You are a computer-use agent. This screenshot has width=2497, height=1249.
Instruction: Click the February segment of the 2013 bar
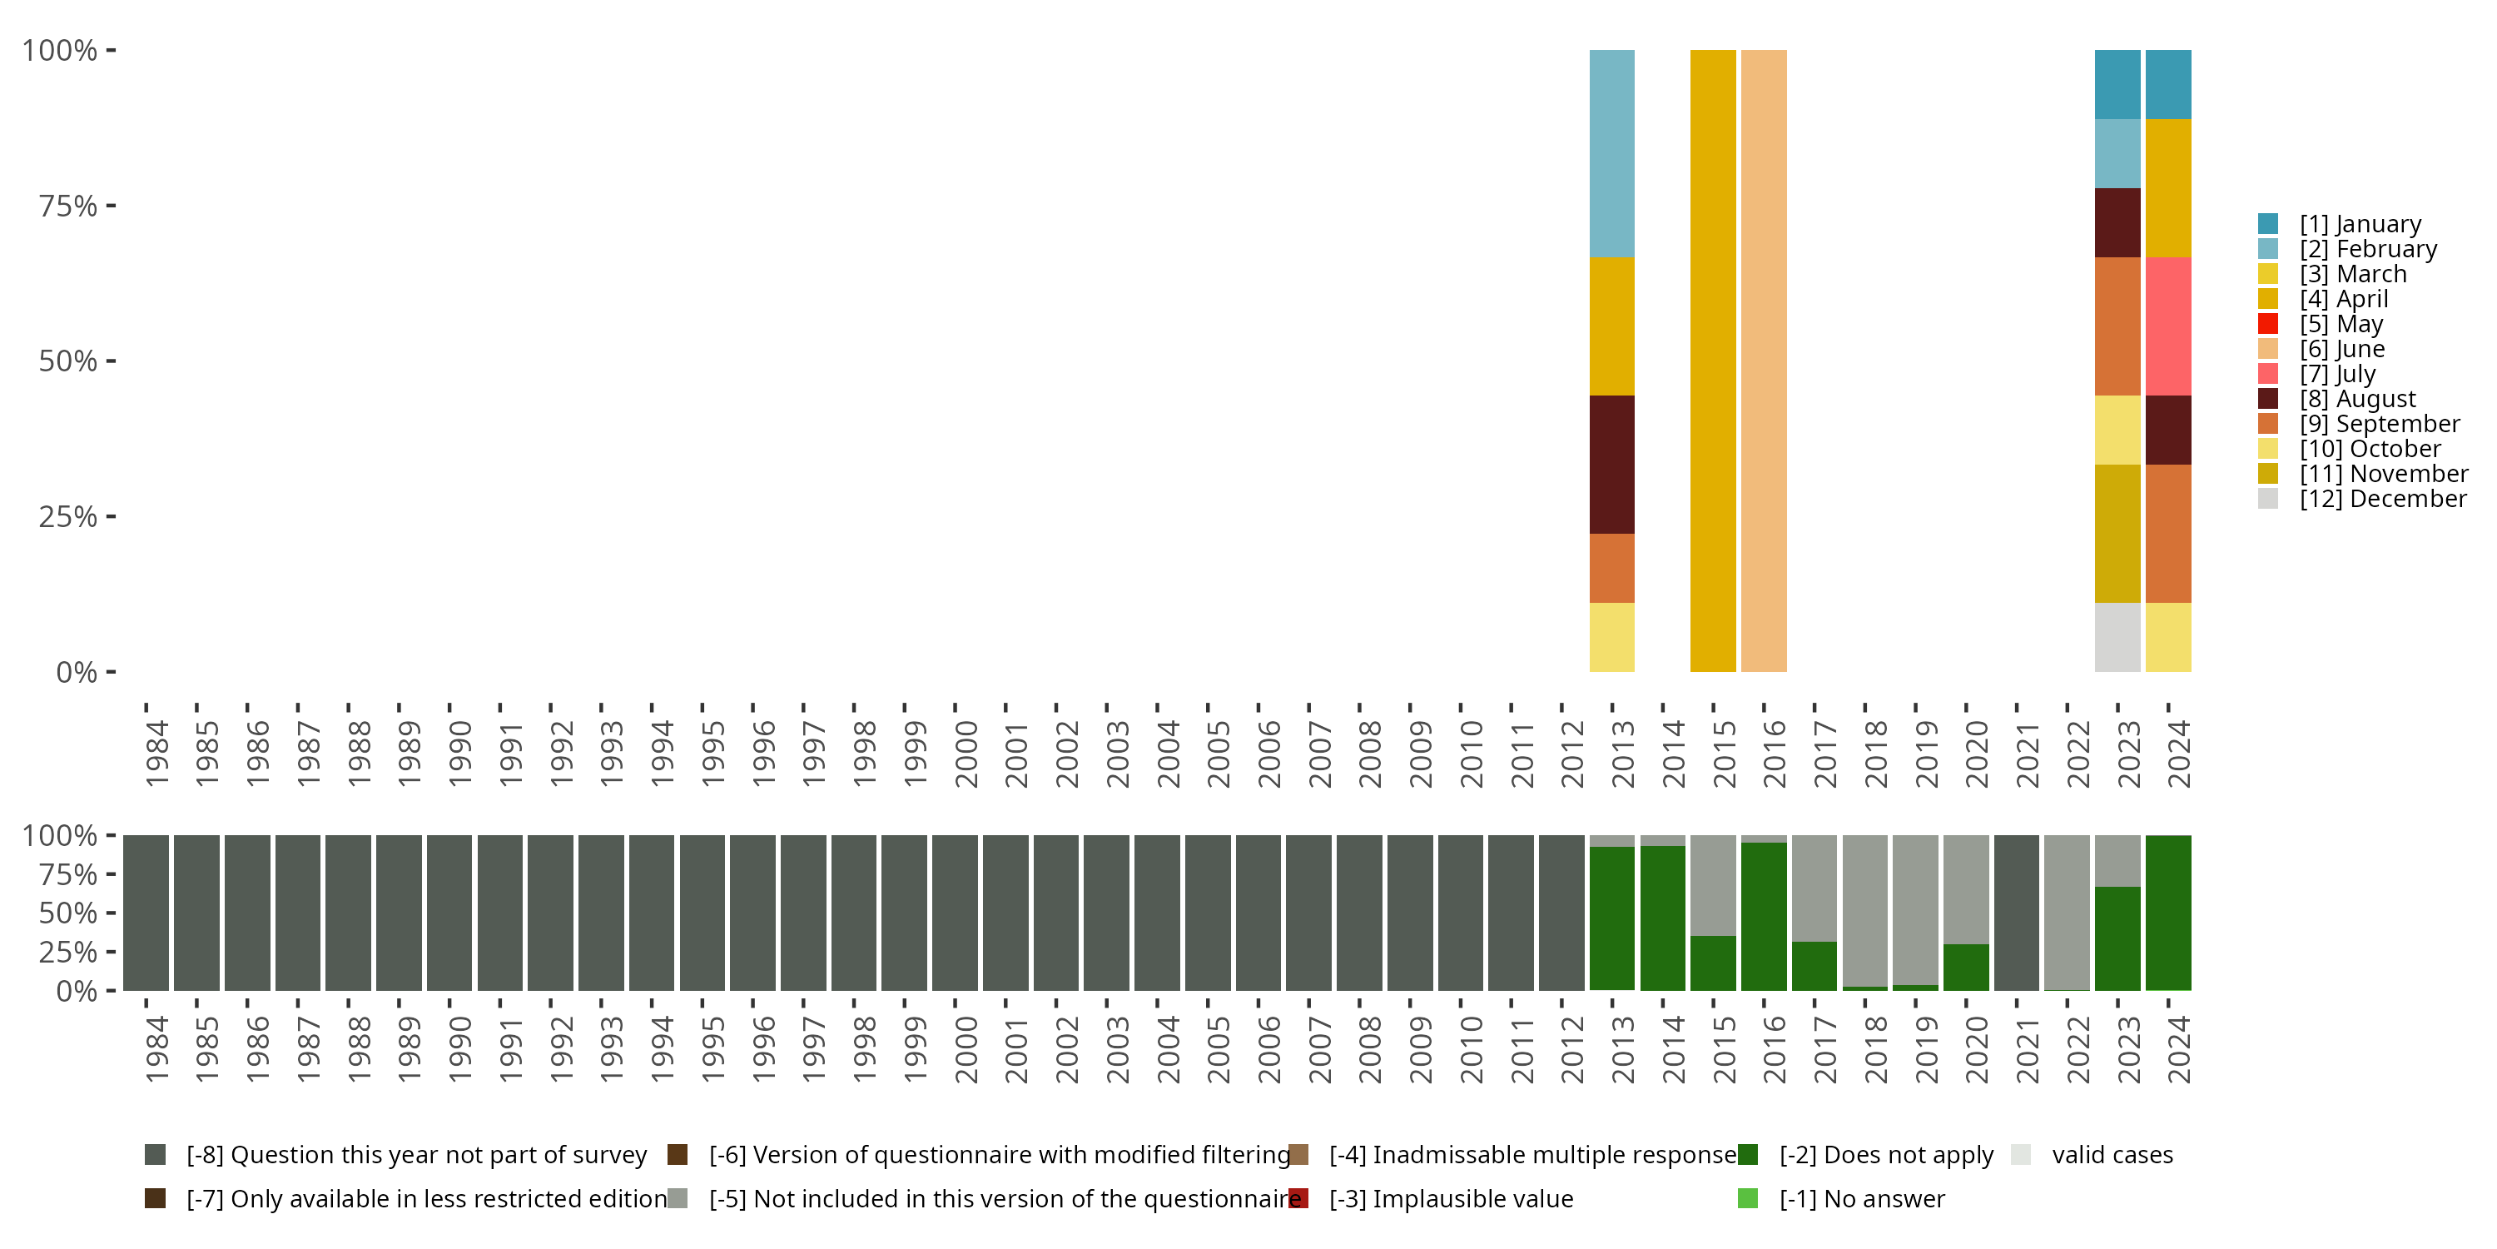point(1611,153)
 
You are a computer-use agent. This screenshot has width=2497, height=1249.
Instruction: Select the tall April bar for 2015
point(1713,361)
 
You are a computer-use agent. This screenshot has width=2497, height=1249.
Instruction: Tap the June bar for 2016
point(1763,361)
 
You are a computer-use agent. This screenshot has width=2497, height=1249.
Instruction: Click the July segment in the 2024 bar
point(2168,326)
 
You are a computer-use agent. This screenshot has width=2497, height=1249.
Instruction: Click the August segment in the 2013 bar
point(1611,464)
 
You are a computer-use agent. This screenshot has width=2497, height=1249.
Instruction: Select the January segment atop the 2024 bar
point(2168,84)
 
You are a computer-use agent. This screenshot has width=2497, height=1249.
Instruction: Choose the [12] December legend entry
point(2381,499)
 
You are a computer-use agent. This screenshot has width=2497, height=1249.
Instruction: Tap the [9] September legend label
point(2378,424)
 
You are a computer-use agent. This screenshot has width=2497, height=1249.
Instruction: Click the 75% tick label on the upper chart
point(68,206)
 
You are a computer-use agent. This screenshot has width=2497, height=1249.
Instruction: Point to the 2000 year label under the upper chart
point(966,754)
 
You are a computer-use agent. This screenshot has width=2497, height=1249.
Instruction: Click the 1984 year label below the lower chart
point(156,1049)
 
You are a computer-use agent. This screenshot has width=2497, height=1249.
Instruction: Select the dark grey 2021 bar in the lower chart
point(2016,913)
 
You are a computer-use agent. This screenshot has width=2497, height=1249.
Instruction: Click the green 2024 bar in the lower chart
point(2168,913)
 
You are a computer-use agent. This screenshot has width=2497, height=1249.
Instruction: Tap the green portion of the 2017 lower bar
point(1814,966)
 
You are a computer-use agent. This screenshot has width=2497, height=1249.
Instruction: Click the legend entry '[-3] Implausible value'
point(1450,1198)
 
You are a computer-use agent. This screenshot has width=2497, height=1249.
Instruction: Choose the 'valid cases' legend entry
point(2111,1155)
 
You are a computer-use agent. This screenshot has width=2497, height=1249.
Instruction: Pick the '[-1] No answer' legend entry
point(1861,1198)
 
